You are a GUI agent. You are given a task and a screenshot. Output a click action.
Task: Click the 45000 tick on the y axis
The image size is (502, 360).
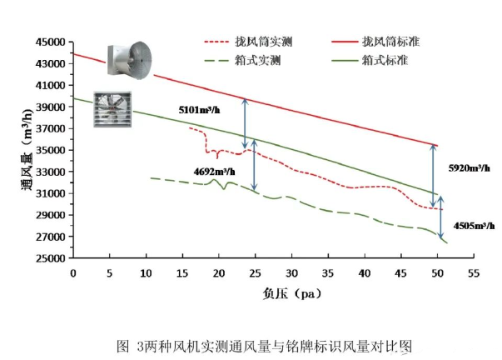pos(49,42)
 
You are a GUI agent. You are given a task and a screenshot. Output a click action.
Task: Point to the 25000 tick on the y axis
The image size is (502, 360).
pos(49,258)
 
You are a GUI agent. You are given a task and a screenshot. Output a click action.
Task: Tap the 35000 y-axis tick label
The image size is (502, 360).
pos(49,150)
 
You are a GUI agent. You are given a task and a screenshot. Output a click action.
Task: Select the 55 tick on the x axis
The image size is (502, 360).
pos(474,272)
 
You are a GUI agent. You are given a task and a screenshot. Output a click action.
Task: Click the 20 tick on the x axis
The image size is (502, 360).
pos(218,272)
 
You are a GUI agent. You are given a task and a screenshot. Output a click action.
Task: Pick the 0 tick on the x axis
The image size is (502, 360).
pos(72,272)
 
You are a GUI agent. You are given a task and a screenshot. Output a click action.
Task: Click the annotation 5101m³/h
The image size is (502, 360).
pos(201,109)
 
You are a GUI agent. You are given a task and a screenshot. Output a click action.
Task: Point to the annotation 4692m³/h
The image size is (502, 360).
pos(213,172)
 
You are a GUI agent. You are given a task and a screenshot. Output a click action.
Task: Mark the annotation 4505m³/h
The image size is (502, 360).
pos(474,225)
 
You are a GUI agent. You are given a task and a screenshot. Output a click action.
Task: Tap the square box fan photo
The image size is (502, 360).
pos(116,109)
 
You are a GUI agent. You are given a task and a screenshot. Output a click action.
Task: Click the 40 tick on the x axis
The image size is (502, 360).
pos(364,272)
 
